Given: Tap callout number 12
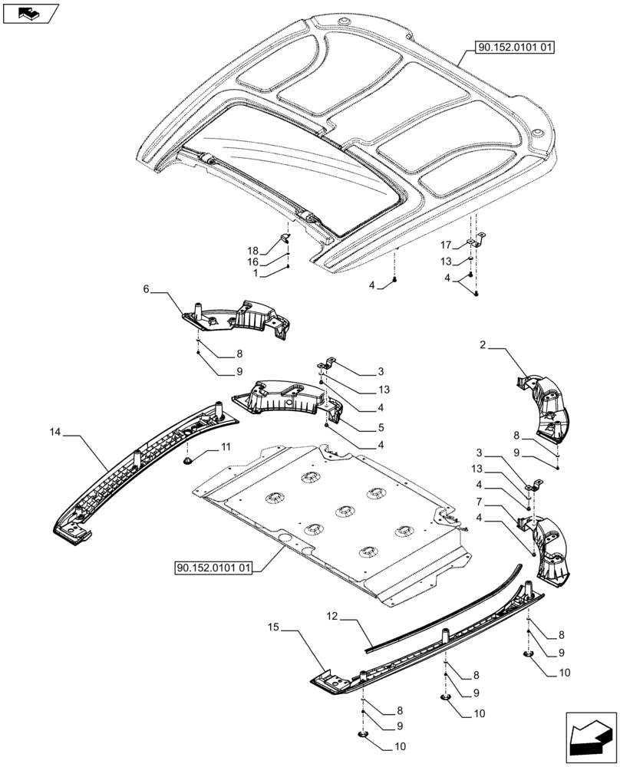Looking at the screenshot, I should [x=332, y=616].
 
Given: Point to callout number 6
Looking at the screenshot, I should [x=145, y=290].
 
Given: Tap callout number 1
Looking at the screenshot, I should [x=256, y=273].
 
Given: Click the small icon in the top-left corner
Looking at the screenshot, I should [x=30, y=12].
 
